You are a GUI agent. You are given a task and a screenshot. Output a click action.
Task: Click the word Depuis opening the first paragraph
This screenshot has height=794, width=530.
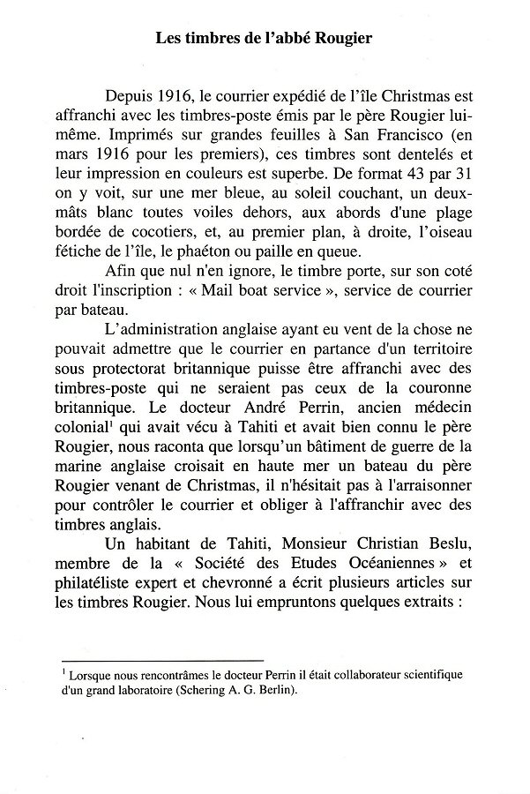point(130,97)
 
